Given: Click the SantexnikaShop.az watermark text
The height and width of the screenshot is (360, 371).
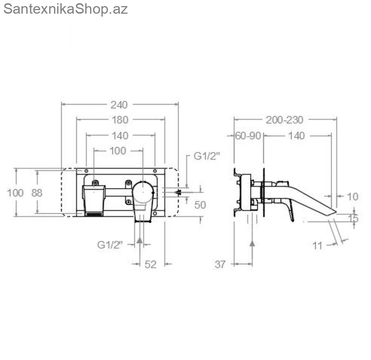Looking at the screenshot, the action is pos(66,9).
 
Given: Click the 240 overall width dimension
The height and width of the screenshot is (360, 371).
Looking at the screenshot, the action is pos(119,105).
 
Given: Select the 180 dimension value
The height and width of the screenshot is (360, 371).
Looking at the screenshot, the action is pos(120,120).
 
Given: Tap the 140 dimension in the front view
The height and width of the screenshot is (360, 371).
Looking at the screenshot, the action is pos(120,136).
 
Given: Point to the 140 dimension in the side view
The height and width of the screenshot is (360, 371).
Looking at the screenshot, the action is pos(296,136).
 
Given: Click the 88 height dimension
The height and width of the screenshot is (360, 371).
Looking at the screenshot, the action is pos(37,193).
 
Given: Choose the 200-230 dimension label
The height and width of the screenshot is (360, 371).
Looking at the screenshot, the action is pos(285,120).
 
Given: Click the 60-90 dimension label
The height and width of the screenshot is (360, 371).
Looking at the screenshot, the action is pos(248,136).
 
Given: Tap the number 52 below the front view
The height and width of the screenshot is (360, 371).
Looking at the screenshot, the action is pos(151,265).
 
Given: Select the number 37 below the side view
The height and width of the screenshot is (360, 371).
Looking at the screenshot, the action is pos(220,265).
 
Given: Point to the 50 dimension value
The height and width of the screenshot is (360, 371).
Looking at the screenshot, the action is pos(200,205).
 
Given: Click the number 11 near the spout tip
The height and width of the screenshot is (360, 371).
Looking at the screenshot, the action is pos(317,246).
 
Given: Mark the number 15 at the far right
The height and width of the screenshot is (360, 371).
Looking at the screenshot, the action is pos(353,218).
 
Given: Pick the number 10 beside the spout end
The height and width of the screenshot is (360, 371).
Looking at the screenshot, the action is pos(353,197).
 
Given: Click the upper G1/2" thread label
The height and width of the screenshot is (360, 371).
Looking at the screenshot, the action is pos(206,156).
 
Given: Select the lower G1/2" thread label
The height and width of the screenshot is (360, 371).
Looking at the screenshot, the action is pos(110,244).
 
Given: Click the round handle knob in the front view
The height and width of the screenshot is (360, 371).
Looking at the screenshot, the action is pos(143,192).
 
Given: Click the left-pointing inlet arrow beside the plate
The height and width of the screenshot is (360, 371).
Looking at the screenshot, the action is pos(178,192).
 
